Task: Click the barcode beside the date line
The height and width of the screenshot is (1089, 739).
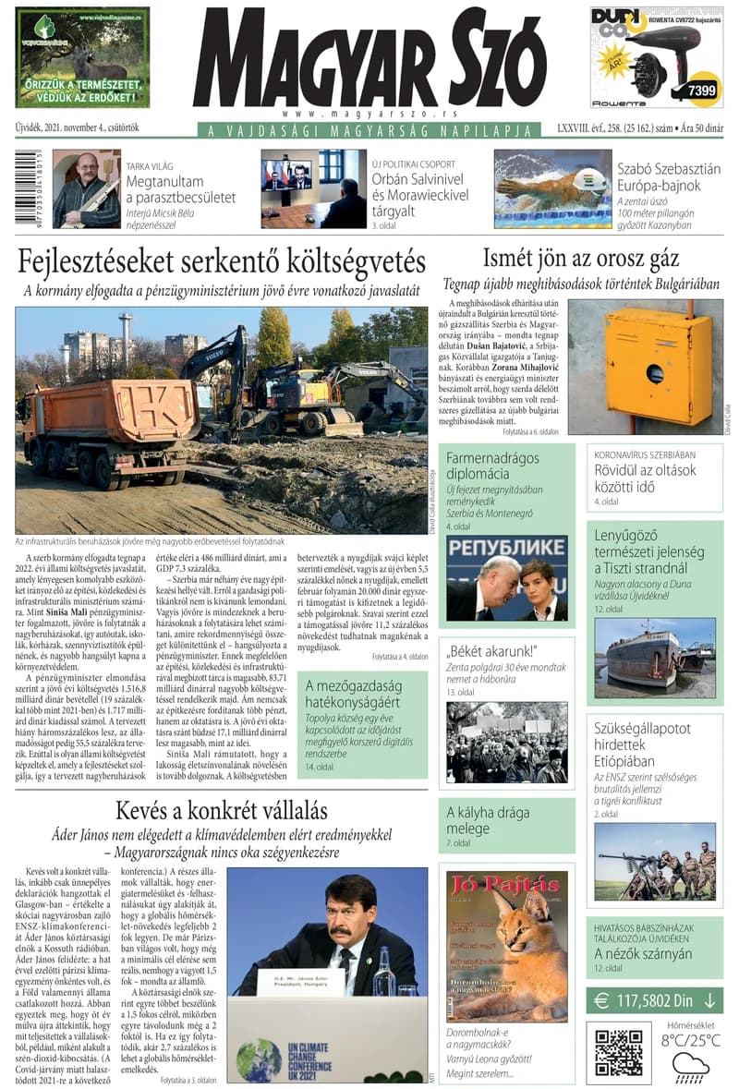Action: (x=21, y=188)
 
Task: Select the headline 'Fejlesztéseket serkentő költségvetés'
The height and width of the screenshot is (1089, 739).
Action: (x=222, y=261)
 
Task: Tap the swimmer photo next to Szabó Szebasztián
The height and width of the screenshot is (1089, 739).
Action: (x=551, y=188)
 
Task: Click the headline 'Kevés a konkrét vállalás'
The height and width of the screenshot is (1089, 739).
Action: (x=222, y=812)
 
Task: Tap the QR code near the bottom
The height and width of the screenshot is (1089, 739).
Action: (x=618, y=1051)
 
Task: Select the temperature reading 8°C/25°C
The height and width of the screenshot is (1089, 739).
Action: (x=691, y=1041)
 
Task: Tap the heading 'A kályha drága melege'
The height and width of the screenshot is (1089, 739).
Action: (x=489, y=820)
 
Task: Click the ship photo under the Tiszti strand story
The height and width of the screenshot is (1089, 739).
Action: (x=654, y=657)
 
